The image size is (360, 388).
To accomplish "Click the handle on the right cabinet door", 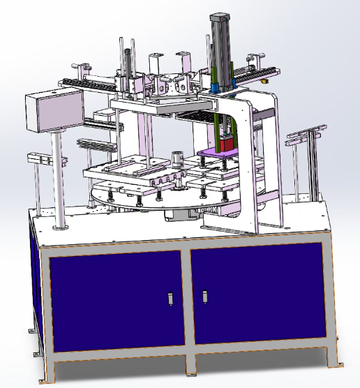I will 206,297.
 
